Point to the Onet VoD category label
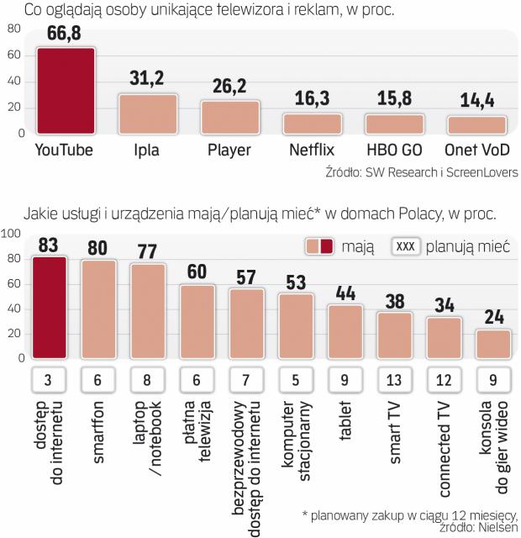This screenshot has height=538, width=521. coord(476,151)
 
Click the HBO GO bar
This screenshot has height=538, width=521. coord(394,124)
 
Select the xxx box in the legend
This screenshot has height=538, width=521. coord(407,246)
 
